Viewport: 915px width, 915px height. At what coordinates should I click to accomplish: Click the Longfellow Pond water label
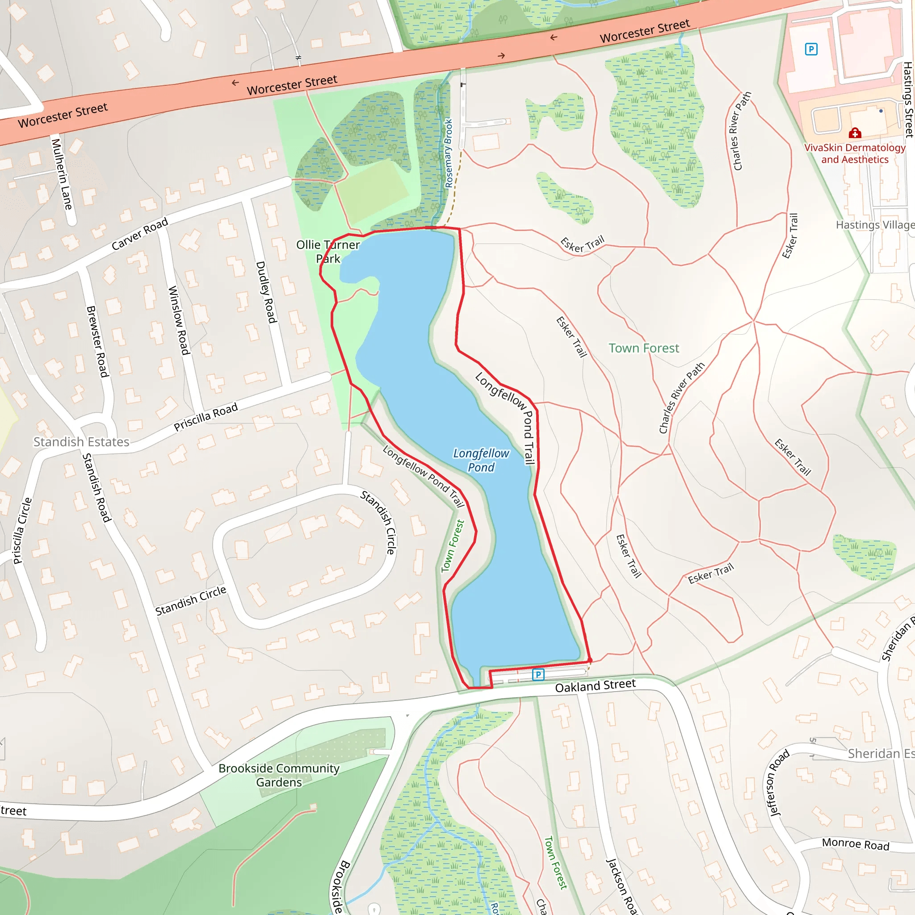[481, 460]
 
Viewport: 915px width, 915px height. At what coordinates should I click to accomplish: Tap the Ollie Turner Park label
[328, 252]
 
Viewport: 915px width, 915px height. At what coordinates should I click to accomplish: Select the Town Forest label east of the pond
[643, 348]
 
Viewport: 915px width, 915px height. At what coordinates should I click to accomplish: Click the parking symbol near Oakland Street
[537, 674]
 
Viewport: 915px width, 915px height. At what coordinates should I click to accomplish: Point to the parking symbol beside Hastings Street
[811, 49]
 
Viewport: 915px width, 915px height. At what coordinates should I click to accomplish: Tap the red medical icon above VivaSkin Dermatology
[854, 133]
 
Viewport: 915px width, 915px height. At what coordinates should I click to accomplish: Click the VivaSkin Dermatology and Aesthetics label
[854, 153]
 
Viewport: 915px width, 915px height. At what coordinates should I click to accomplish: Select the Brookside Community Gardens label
[279, 775]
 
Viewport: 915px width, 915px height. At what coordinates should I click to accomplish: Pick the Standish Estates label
[81, 442]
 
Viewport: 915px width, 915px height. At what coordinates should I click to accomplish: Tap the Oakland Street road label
[595, 686]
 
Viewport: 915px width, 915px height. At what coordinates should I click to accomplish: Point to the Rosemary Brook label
[449, 153]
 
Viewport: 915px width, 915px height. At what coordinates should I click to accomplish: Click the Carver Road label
[140, 234]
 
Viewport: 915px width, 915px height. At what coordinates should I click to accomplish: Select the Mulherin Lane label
[62, 174]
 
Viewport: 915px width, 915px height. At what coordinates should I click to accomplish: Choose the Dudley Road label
[266, 292]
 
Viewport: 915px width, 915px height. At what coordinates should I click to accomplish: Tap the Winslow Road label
[179, 320]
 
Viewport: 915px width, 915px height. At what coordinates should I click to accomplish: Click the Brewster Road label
[97, 341]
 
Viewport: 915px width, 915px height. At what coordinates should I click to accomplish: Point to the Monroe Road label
[855, 844]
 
